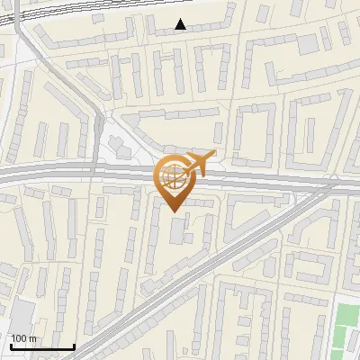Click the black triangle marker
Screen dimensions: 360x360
point(181,24)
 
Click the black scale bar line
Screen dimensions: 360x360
point(41,346)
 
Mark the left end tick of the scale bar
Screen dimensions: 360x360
point(10,345)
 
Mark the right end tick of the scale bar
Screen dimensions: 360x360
point(74,345)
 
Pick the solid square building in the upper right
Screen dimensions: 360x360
point(308,43)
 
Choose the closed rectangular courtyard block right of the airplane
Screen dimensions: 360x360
point(254,134)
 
